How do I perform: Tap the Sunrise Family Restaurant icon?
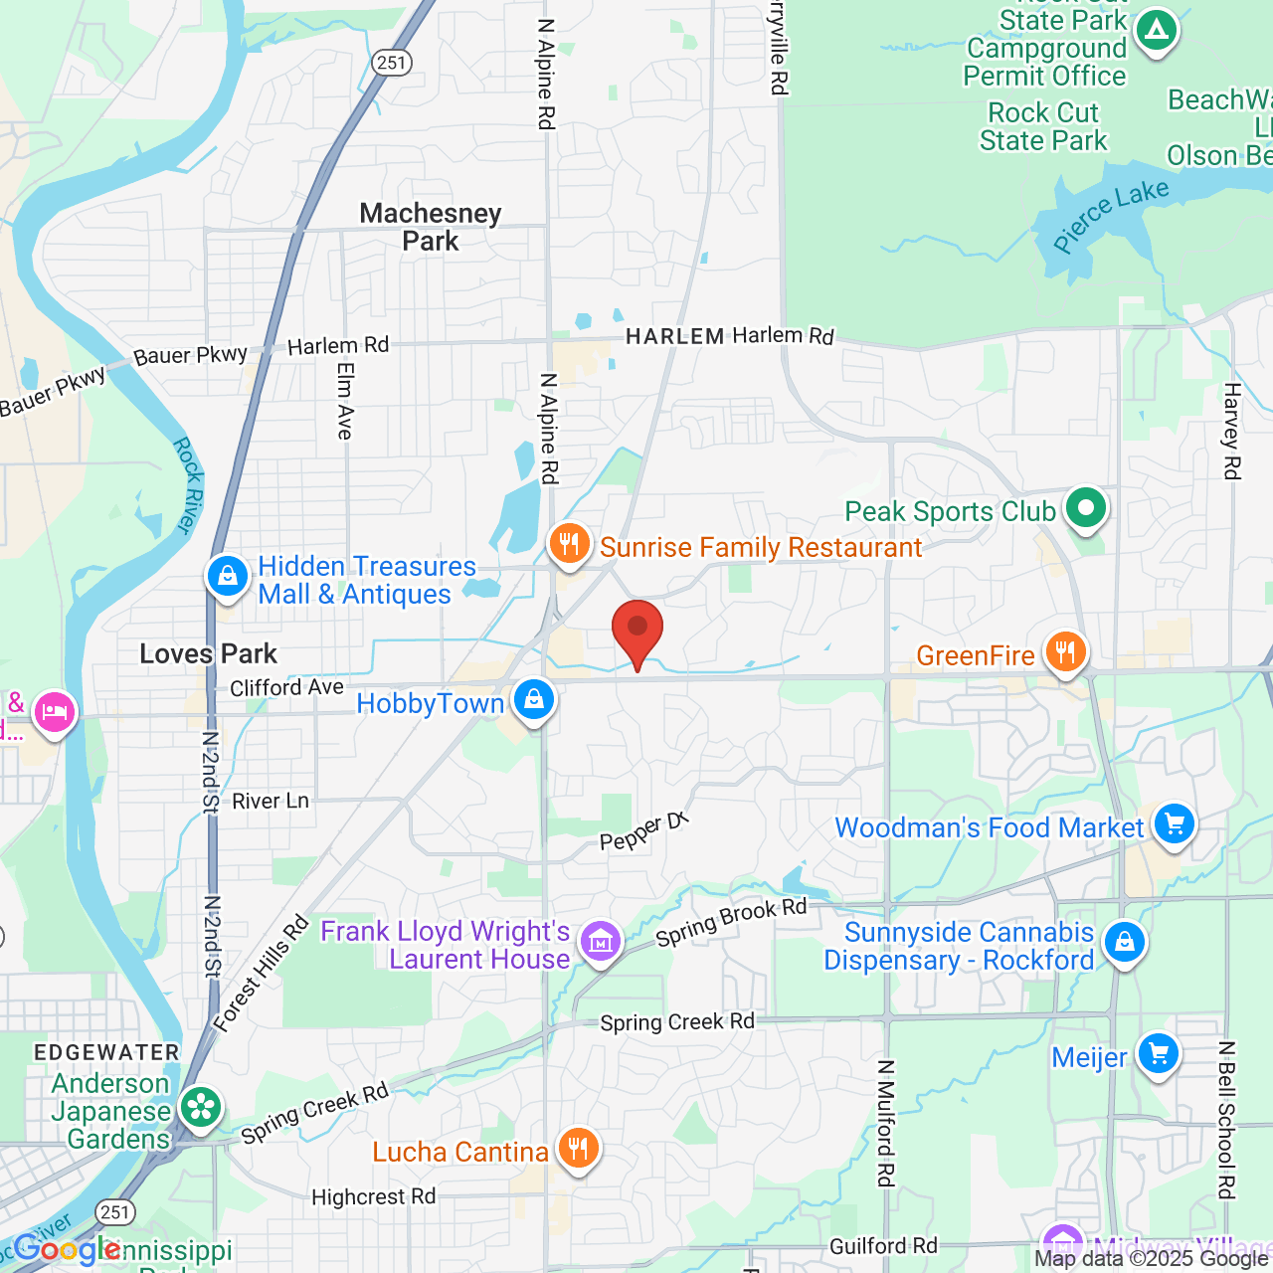[569, 544]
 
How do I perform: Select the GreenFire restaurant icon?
[1065, 652]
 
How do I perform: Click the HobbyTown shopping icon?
[534, 699]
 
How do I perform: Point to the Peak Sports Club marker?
[1086, 508]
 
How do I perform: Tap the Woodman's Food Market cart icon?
[1175, 824]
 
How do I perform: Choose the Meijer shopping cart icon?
[1159, 1053]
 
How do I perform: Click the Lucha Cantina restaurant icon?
[578, 1149]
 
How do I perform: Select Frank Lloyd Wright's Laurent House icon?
[601, 940]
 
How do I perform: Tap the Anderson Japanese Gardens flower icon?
[201, 1107]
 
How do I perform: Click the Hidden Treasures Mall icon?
[228, 577]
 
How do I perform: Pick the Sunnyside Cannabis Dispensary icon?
[1125, 941]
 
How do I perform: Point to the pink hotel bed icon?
[54, 712]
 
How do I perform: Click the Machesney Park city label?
[431, 227]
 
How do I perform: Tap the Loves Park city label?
[209, 653]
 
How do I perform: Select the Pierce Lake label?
[1111, 216]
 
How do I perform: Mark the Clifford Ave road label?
[286, 687]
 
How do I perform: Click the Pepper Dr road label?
[643, 831]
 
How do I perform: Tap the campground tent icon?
[1156, 31]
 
